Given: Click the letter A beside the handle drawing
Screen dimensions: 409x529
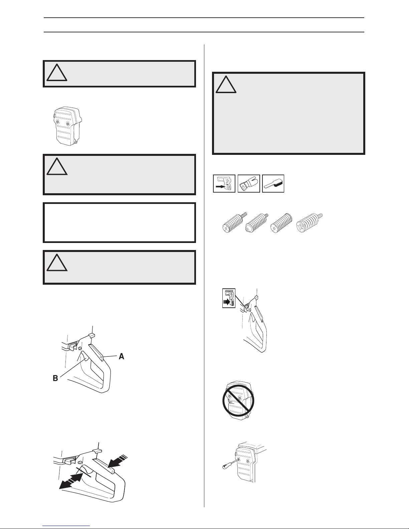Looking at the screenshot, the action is point(121,356).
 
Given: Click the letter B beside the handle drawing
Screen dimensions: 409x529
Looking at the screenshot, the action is point(55,378).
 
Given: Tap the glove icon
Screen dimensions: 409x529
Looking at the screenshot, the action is point(248,184).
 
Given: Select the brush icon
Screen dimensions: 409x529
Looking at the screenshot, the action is point(273,184).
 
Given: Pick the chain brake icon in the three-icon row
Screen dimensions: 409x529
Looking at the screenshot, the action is point(224,184).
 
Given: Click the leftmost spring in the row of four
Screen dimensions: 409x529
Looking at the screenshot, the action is point(234,223).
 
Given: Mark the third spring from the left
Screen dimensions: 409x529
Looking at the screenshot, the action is point(282,223).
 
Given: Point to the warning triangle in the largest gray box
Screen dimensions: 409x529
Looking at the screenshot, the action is point(226,84).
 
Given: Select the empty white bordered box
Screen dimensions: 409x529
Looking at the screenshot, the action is point(119,223).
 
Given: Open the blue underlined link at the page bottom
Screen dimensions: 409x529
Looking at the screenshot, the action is point(66,526).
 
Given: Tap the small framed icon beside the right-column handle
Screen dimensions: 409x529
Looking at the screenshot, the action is point(229,298).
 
